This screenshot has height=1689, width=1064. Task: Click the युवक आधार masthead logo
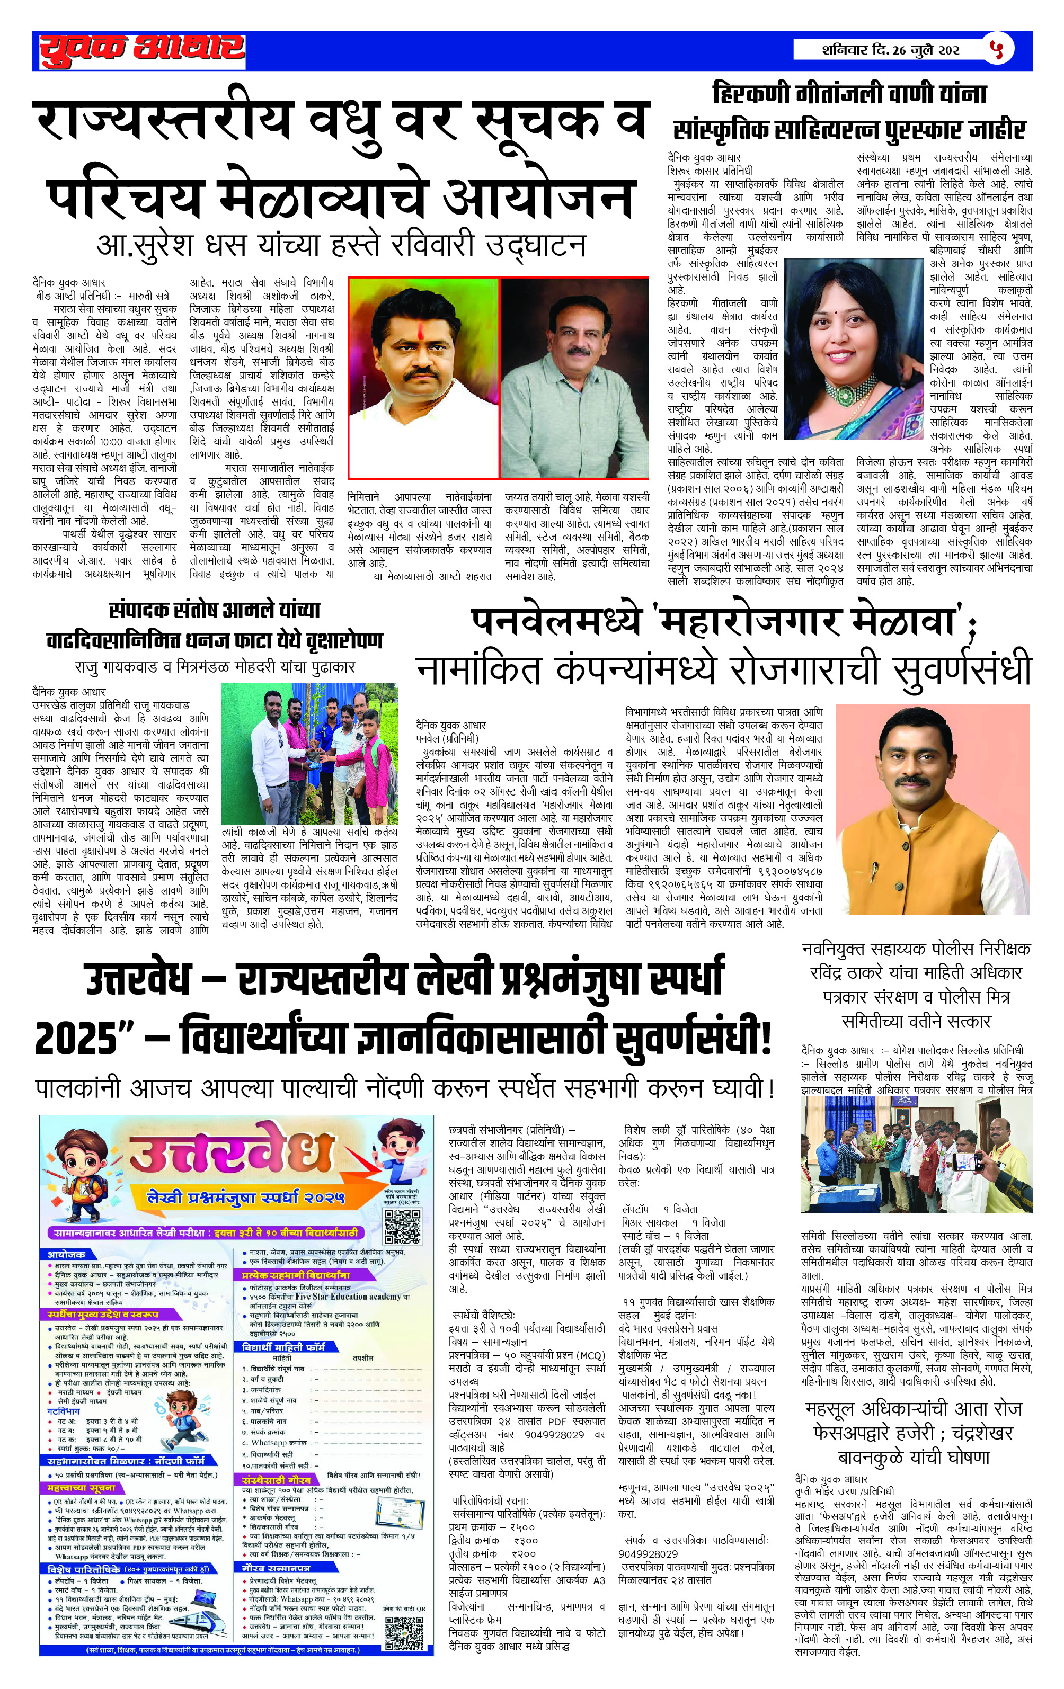click(140, 50)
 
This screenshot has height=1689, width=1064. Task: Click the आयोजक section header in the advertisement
click(67, 1254)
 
